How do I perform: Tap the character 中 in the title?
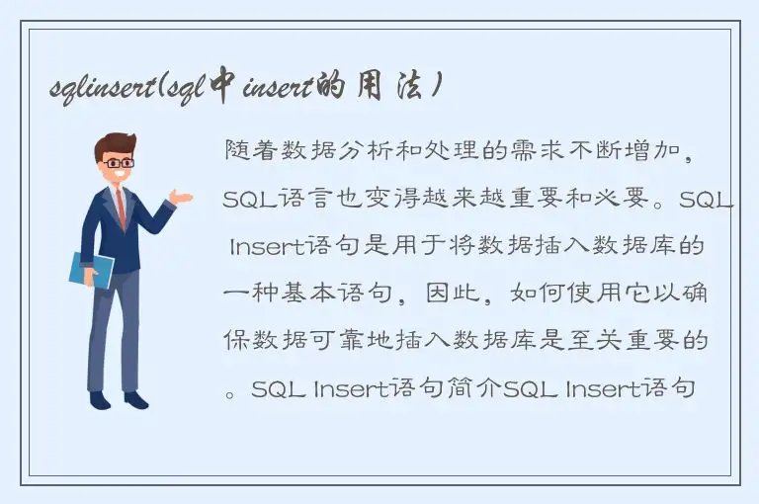(223, 87)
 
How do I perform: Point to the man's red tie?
(121, 209)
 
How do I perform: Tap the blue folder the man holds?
(91, 270)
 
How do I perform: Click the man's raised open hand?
(180, 197)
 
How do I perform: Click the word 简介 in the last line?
(477, 388)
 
